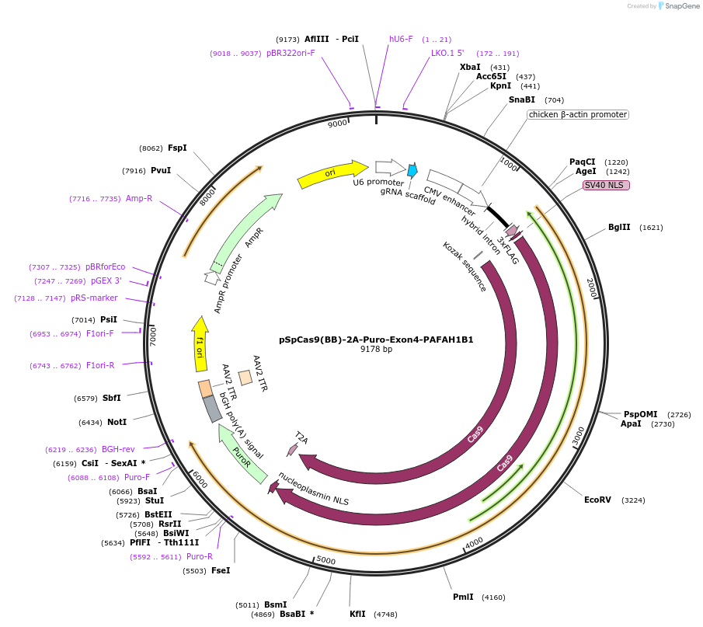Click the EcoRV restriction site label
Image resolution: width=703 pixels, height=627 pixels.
[598, 500]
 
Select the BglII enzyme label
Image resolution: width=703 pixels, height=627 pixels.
[619, 228]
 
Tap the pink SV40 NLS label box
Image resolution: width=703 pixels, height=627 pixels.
[606, 185]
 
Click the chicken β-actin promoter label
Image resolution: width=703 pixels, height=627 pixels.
[577, 114]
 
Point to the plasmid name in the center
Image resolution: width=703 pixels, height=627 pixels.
[376, 340]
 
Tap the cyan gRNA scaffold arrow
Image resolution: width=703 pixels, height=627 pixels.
[412, 170]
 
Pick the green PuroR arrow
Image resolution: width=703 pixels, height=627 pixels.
[242, 454]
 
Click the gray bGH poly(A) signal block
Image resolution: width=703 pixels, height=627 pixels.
[212, 409]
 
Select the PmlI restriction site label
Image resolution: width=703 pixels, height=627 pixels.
[463, 597]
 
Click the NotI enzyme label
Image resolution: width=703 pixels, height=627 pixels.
[117, 423]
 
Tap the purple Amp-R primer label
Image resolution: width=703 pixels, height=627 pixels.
[139, 199]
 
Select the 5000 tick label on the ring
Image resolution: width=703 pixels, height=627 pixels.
[325, 560]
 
